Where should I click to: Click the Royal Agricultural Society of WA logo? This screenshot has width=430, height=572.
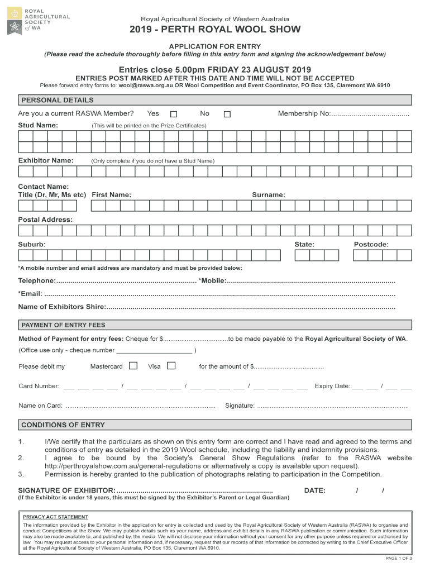[x=38, y=21]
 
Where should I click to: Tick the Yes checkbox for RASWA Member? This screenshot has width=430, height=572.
[x=174, y=115]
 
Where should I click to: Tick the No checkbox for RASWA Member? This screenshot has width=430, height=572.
[x=227, y=115]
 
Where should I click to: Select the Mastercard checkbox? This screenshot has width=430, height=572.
[x=133, y=366]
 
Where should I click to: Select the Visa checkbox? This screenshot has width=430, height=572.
[x=171, y=366]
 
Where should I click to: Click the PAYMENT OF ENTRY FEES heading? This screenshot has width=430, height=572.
[x=63, y=325]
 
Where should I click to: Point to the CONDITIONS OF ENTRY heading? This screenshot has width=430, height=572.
[x=63, y=425]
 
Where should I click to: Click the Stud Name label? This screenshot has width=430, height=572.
[x=38, y=125]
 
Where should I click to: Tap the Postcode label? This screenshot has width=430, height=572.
[x=371, y=245]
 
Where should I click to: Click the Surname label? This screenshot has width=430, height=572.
[x=269, y=195]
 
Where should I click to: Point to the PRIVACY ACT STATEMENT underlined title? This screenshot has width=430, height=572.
[x=55, y=517]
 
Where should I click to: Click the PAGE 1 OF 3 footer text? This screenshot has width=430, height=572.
[x=398, y=558]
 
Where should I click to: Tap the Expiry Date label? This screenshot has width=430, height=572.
[x=332, y=386]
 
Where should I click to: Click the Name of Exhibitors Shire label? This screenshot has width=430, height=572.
[x=61, y=307]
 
